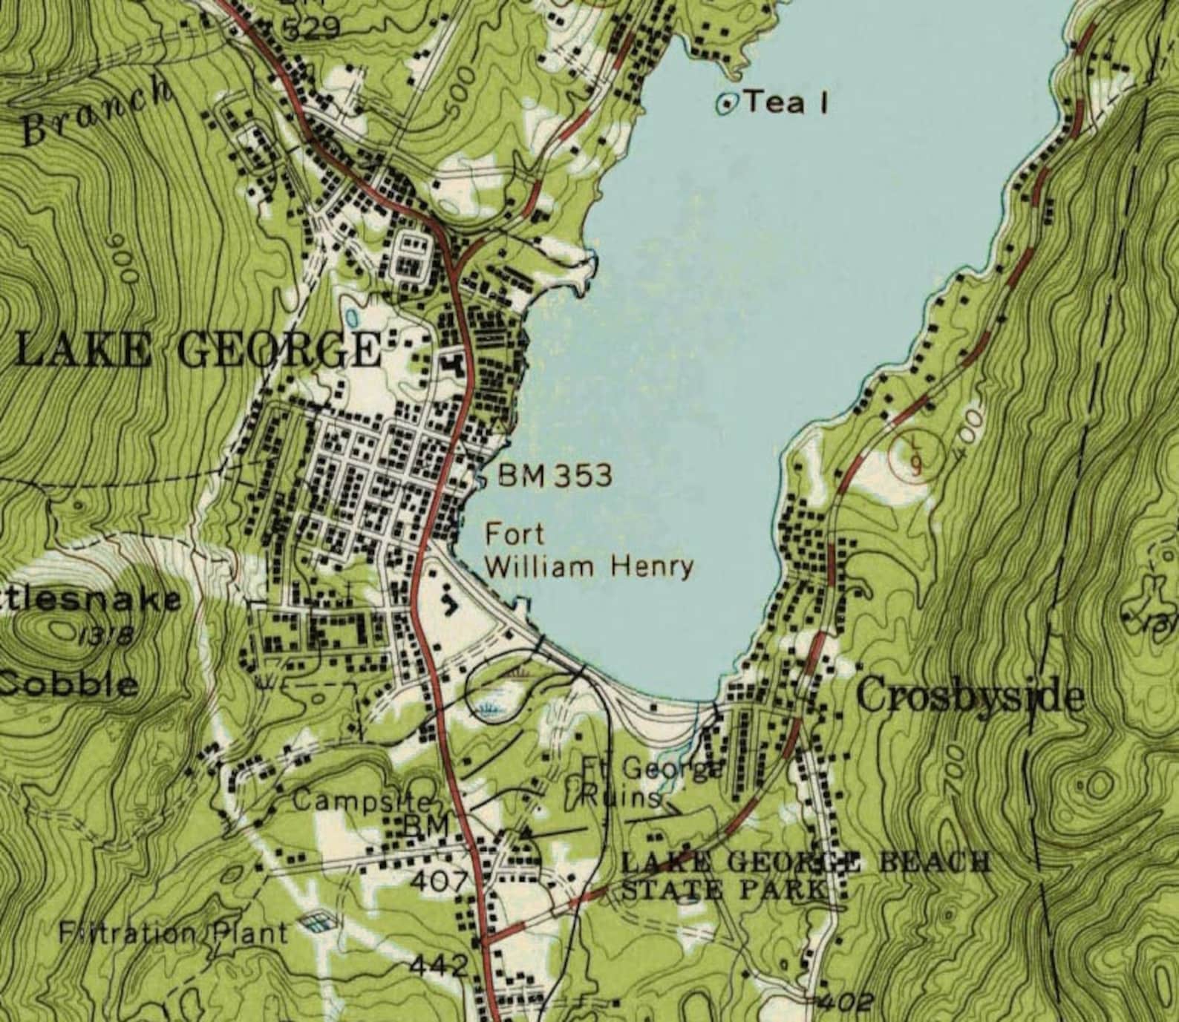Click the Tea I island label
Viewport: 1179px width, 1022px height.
(x=786, y=102)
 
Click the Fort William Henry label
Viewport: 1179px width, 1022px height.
(x=589, y=551)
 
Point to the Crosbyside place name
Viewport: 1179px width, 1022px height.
(x=970, y=697)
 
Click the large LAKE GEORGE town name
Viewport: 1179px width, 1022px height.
(x=197, y=349)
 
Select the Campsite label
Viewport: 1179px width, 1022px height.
(x=362, y=801)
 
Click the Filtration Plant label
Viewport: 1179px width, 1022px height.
(x=173, y=931)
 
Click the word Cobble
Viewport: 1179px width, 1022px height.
(x=71, y=683)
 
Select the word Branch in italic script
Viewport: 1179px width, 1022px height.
(x=97, y=111)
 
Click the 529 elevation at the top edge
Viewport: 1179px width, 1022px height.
(x=312, y=28)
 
